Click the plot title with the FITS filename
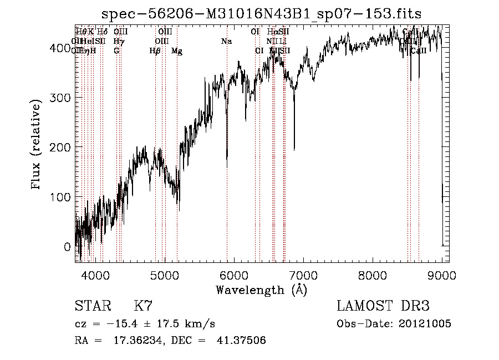point(262,15)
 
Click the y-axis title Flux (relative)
point(37,145)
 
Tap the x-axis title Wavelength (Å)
point(262,290)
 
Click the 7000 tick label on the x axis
point(303,275)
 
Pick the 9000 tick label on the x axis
point(441,275)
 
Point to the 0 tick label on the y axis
point(67,247)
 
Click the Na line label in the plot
point(226,42)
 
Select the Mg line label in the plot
point(176,51)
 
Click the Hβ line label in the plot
point(155,51)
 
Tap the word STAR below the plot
point(93,306)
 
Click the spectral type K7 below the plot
point(143,306)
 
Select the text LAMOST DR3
point(383,306)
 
